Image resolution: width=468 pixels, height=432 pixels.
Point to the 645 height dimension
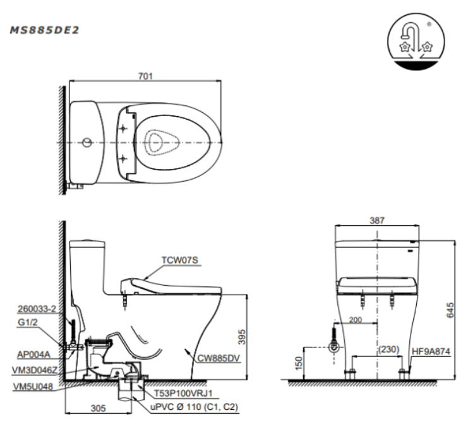tap(450, 309)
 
